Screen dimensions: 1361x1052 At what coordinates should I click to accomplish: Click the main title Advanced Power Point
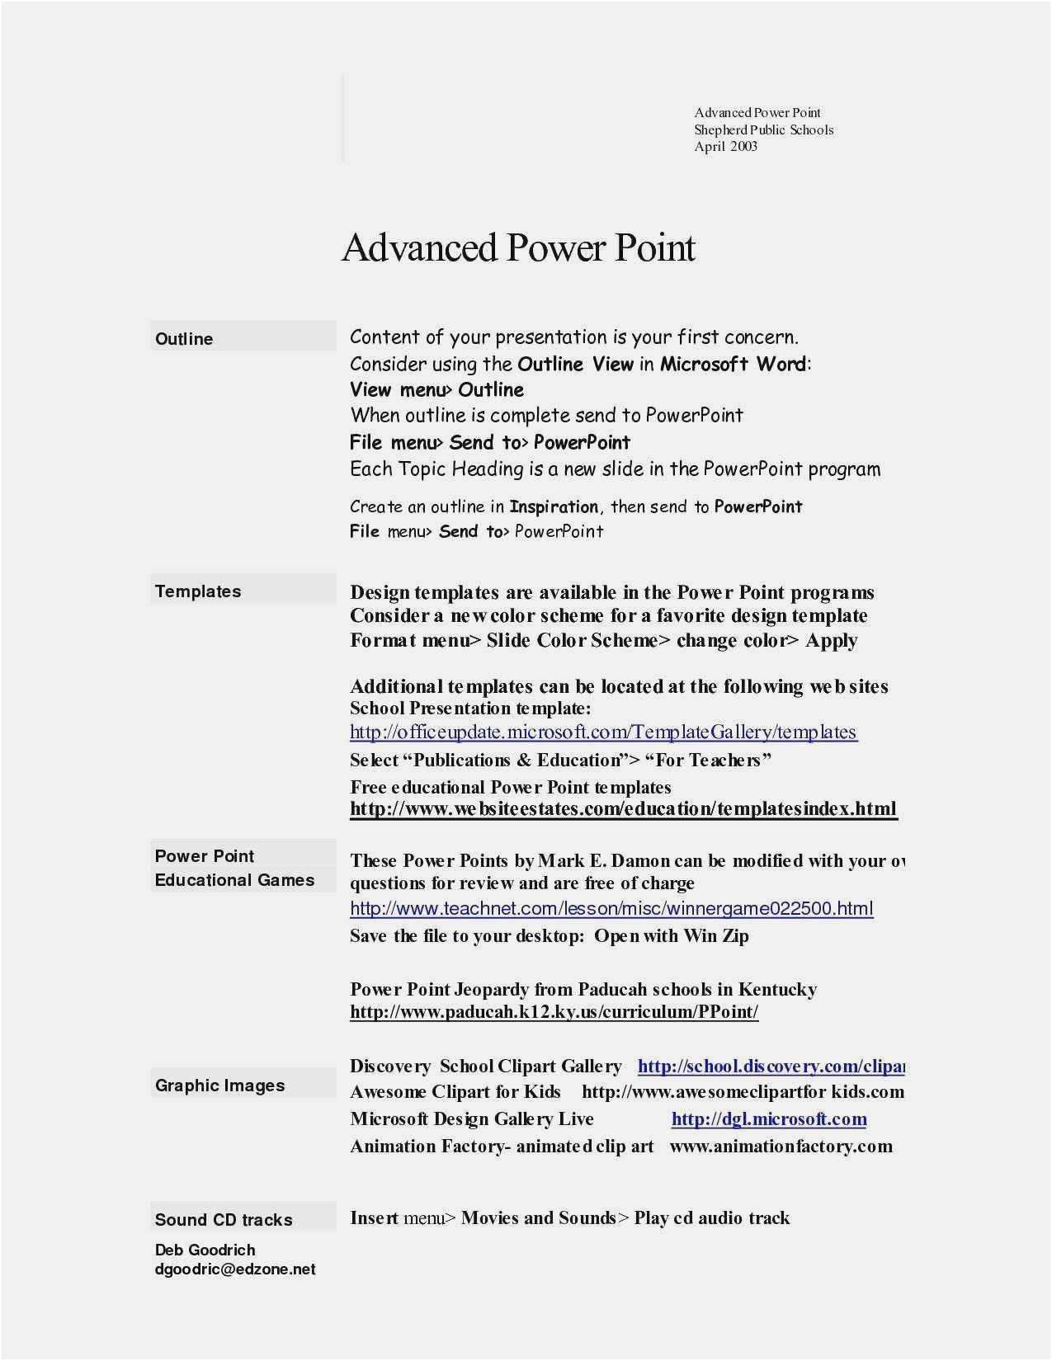click(518, 247)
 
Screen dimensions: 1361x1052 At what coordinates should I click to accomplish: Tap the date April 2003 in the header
click(725, 147)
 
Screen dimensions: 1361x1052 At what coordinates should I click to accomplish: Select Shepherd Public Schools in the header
click(763, 130)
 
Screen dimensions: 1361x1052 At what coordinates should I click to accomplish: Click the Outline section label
click(184, 339)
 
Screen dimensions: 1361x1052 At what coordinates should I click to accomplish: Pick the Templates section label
click(198, 591)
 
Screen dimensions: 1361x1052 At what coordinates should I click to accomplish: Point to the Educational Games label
click(234, 880)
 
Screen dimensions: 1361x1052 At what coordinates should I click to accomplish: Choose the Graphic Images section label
click(219, 1086)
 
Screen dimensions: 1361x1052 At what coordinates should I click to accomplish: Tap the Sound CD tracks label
click(224, 1220)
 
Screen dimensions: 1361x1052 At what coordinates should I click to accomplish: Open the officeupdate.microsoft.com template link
click(603, 732)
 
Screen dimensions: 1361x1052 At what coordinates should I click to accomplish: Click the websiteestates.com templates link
click(623, 808)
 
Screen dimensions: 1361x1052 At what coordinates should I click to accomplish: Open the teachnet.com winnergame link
click(611, 909)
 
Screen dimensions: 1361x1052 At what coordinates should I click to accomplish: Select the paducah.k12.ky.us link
click(554, 1012)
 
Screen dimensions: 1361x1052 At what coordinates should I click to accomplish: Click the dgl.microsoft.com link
click(769, 1119)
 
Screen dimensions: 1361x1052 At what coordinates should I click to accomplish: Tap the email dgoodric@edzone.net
click(235, 1269)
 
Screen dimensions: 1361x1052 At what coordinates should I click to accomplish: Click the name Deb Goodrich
click(205, 1250)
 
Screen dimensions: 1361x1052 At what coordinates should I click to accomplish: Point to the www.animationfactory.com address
click(781, 1147)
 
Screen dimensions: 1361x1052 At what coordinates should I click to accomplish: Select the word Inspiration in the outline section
click(554, 506)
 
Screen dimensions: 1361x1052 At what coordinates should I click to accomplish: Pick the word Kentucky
click(777, 989)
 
